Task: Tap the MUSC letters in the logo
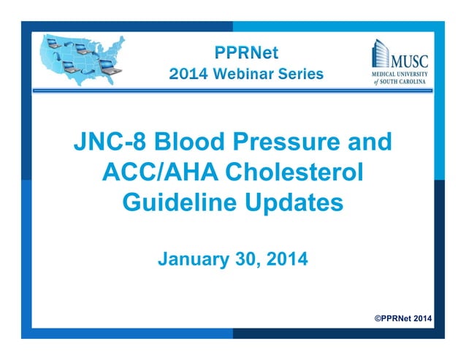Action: pos(409,58)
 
